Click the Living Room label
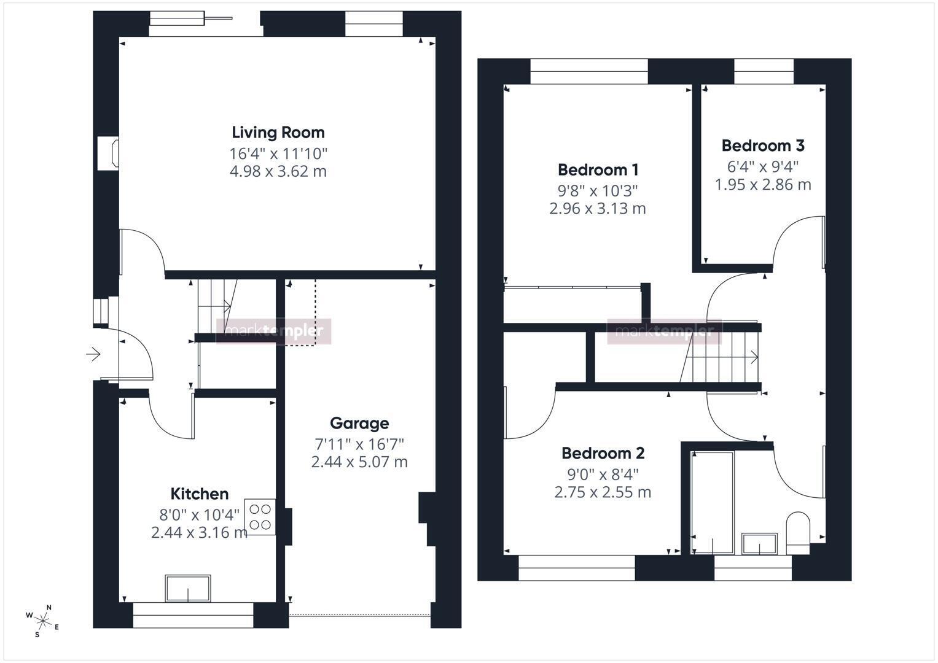278,133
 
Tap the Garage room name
359,423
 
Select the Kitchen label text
199,494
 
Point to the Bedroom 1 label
598,170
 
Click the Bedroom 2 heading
603,453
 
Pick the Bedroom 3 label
763,145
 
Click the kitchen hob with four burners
260,517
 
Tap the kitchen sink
187,588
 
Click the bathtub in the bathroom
713,503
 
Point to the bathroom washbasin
759,544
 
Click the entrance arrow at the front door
93,355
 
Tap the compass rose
42,621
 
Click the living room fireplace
109,153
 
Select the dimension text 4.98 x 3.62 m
278,172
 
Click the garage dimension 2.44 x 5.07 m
359,462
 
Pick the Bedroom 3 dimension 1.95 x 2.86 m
763,185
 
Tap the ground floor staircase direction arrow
227,306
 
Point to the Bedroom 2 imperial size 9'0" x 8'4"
603,475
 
